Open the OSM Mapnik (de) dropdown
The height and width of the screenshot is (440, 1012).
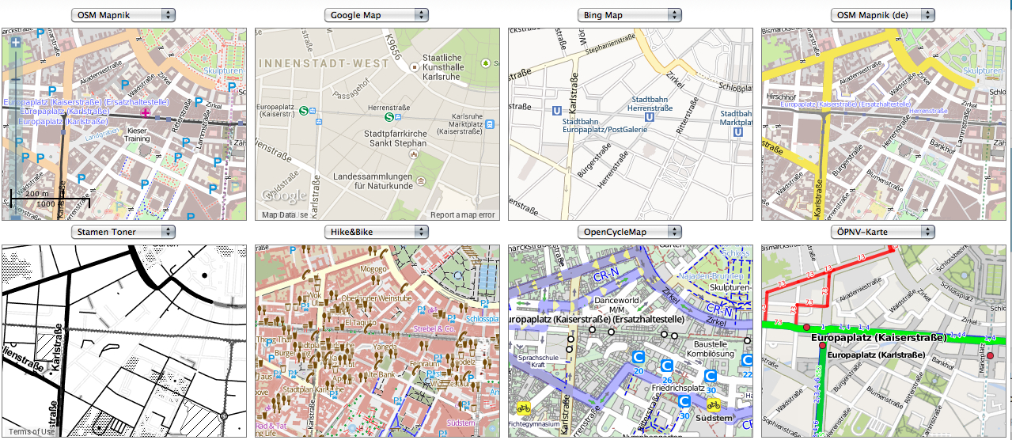point(883,15)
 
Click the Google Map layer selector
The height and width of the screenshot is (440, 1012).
point(377,15)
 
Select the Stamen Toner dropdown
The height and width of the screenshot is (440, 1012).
point(123,232)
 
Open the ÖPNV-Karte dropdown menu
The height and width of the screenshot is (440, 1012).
point(883,232)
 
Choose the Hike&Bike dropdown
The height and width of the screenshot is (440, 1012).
point(377,232)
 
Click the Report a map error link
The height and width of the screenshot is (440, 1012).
point(462,215)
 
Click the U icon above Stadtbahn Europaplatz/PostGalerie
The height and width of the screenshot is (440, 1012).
point(556,112)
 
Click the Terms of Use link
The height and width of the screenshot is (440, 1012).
point(32,431)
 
